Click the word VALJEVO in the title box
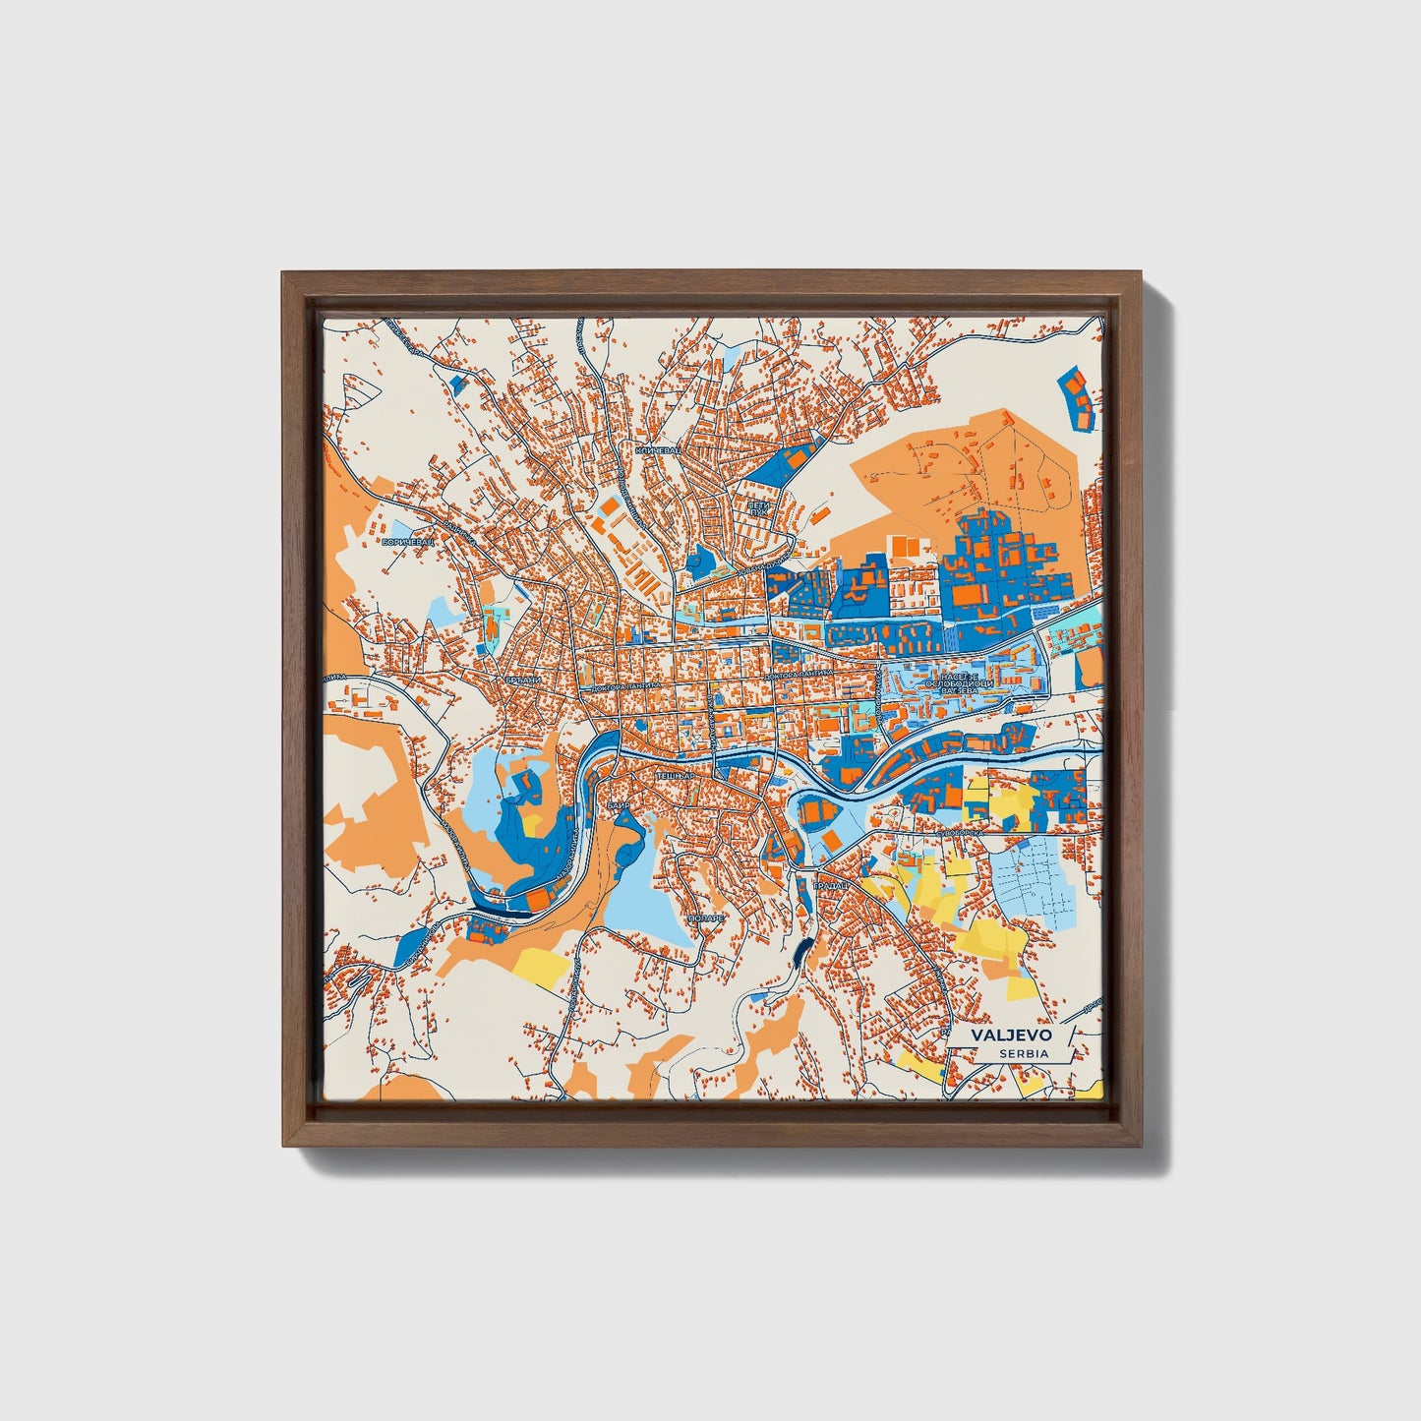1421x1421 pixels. tap(1011, 1036)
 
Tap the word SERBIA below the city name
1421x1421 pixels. tap(1022, 1054)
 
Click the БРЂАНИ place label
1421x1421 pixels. tap(523, 680)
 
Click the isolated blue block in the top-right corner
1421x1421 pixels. tap(1079, 396)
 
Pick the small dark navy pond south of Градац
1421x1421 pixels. tap(803, 951)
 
